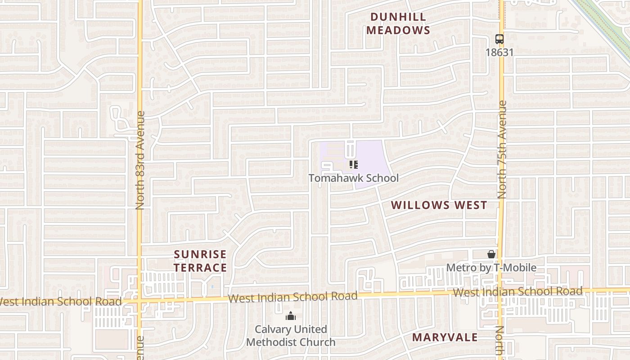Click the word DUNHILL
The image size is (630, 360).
coord(398,17)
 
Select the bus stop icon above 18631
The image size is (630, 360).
coord(499,39)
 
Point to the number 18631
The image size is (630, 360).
coord(499,52)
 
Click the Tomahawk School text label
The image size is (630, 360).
coord(353,178)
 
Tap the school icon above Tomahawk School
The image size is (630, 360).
coord(353,165)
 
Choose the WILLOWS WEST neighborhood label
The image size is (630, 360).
coord(439,205)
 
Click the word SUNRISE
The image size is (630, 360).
coord(200,255)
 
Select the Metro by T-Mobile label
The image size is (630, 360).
coord(491,268)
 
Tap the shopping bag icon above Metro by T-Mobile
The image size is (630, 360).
coord(491,255)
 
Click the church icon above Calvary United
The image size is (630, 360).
coord(291,316)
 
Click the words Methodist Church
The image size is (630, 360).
coord(291,342)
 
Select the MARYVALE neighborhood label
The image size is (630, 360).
coord(445,337)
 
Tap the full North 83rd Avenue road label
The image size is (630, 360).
coord(140,160)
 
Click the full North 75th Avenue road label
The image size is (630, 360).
coord(502,150)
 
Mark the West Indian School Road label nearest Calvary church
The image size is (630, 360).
coord(292,297)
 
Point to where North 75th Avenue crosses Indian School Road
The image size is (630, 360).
coord(501,292)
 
